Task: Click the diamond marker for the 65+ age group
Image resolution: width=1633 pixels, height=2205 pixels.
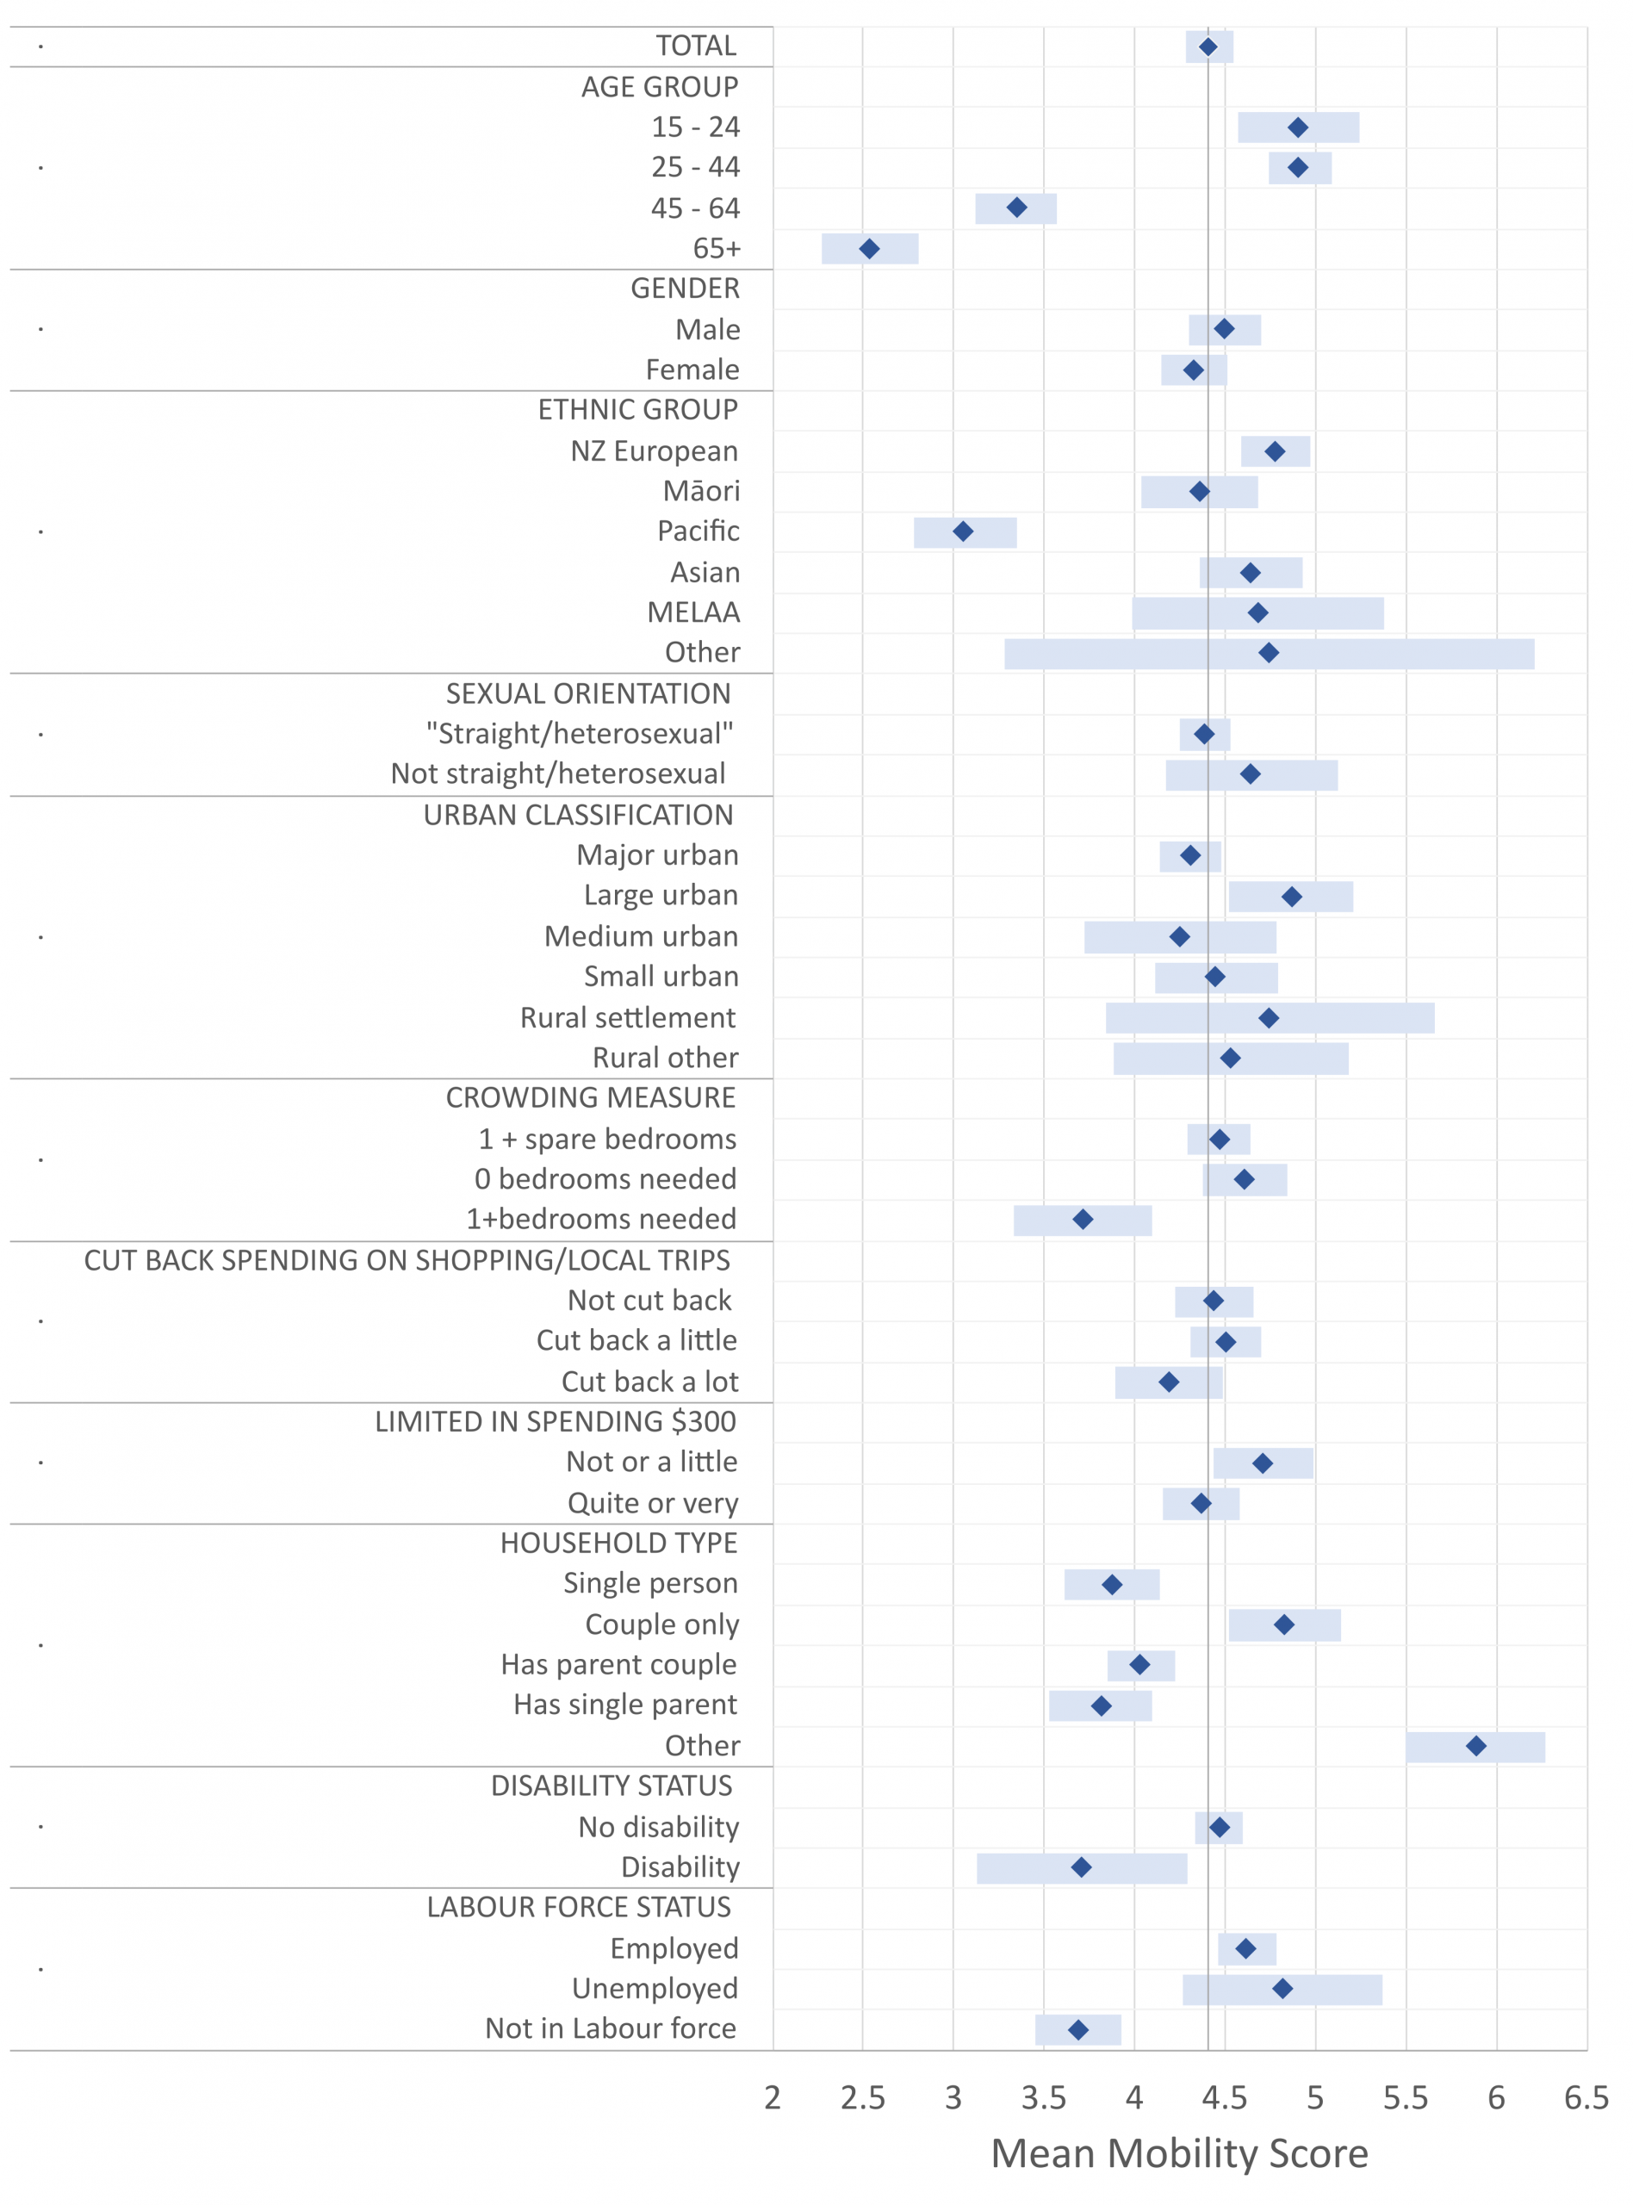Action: (869, 248)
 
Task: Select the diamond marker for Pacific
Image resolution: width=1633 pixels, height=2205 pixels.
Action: (963, 531)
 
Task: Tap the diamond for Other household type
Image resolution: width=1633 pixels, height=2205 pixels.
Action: (1476, 1747)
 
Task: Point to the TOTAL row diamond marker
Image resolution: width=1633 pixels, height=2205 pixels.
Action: (1208, 47)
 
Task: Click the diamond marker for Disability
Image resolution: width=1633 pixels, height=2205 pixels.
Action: (1082, 1867)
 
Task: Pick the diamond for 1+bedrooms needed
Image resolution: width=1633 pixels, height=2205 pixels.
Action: (1083, 1220)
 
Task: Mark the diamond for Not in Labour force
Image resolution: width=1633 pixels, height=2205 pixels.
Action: (1078, 2030)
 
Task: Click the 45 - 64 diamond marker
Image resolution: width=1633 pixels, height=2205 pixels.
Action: (1017, 208)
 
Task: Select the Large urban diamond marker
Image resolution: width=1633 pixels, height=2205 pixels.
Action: (1291, 897)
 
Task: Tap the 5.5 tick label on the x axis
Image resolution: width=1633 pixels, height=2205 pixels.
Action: (1406, 2097)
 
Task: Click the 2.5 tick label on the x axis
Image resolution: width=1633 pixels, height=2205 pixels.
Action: (863, 2097)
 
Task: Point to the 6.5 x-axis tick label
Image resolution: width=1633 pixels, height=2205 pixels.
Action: (1586, 2097)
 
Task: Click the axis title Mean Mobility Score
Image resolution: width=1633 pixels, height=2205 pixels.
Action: (1179, 2152)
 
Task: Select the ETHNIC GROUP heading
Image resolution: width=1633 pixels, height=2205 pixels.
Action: (637, 409)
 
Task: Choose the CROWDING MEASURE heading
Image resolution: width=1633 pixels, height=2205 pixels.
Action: (590, 1097)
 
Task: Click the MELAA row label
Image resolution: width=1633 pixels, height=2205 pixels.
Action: (694, 612)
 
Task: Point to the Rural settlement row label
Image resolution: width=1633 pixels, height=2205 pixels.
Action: (628, 1017)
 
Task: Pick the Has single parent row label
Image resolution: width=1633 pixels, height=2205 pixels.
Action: (624, 1705)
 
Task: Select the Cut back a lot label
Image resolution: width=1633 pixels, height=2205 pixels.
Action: (650, 1381)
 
